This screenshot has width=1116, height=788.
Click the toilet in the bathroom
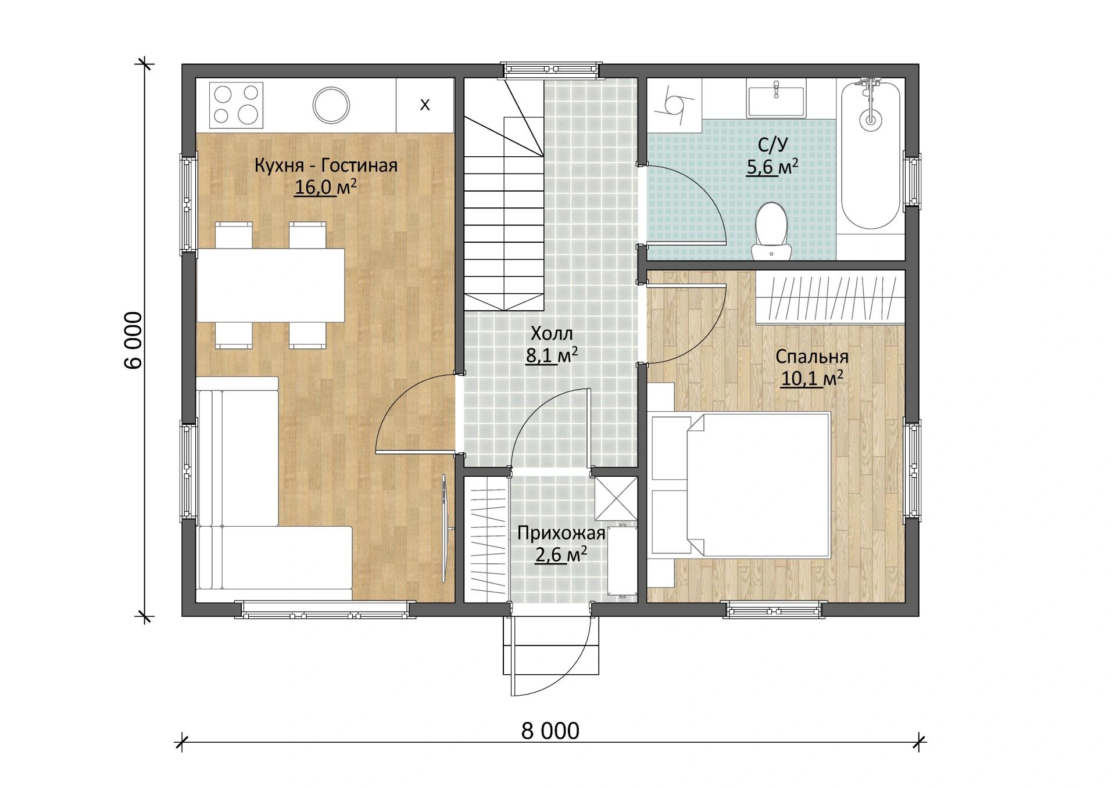tap(771, 231)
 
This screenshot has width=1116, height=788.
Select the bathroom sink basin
tap(776, 102)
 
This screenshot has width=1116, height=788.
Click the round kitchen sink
tap(331, 105)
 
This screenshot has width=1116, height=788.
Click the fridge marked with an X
tap(425, 105)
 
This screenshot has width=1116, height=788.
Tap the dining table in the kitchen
tap(271, 285)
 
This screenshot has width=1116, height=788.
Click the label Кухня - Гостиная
tap(325, 165)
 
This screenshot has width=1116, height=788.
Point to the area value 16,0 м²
tap(325, 188)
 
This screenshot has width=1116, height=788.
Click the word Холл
tap(552, 333)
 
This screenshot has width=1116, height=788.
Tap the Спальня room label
tap(812, 357)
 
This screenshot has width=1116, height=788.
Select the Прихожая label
tap(561, 533)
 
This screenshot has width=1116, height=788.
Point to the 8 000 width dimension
tap(550, 731)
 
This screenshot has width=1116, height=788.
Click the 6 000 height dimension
tap(133, 340)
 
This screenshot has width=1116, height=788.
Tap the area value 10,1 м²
tap(812, 379)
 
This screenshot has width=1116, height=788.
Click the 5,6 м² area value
tap(772, 167)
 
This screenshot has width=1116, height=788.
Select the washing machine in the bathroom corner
tap(675, 104)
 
